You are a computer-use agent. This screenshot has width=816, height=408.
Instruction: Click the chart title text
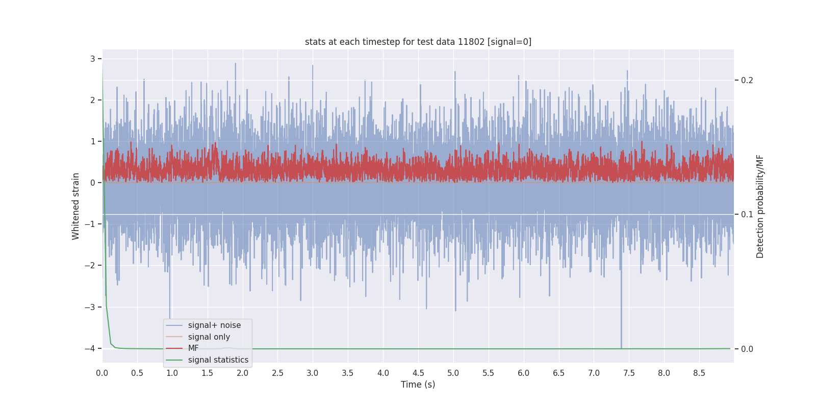click(x=418, y=42)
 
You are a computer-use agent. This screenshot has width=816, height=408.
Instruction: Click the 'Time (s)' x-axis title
click(x=418, y=385)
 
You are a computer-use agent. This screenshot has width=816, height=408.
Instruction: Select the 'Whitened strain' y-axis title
click(x=76, y=206)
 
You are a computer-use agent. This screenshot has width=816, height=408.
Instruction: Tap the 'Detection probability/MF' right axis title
click(x=760, y=206)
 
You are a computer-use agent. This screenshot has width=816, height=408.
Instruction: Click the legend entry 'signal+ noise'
click(x=214, y=325)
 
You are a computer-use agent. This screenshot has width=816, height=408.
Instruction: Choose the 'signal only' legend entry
click(x=209, y=337)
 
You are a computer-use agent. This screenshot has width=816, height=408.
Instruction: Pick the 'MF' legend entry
click(x=193, y=348)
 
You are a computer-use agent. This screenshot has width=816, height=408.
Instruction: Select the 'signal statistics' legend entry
click(x=218, y=360)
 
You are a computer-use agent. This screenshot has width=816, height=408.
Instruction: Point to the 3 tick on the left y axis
click(x=93, y=59)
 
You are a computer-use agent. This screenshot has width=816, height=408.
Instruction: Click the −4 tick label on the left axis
click(x=90, y=349)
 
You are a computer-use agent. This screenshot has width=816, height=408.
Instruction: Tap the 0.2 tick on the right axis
click(x=747, y=81)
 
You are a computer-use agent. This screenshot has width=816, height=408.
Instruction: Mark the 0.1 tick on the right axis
click(x=747, y=214)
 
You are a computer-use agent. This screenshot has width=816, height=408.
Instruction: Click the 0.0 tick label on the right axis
click(x=747, y=349)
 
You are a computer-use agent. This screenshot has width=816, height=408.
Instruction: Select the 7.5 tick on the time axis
click(x=629, y=373)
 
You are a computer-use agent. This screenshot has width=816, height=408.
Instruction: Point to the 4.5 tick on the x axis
click(x=418, y=373)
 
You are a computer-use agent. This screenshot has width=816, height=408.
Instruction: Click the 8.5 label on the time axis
click(x=699, y=373)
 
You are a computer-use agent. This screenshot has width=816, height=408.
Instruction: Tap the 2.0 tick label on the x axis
click(x=242, y=373)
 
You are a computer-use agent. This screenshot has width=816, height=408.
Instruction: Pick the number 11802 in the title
click(x=471, y=42)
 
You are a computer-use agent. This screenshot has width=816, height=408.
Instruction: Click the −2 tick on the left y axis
click(x=90, y=266)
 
